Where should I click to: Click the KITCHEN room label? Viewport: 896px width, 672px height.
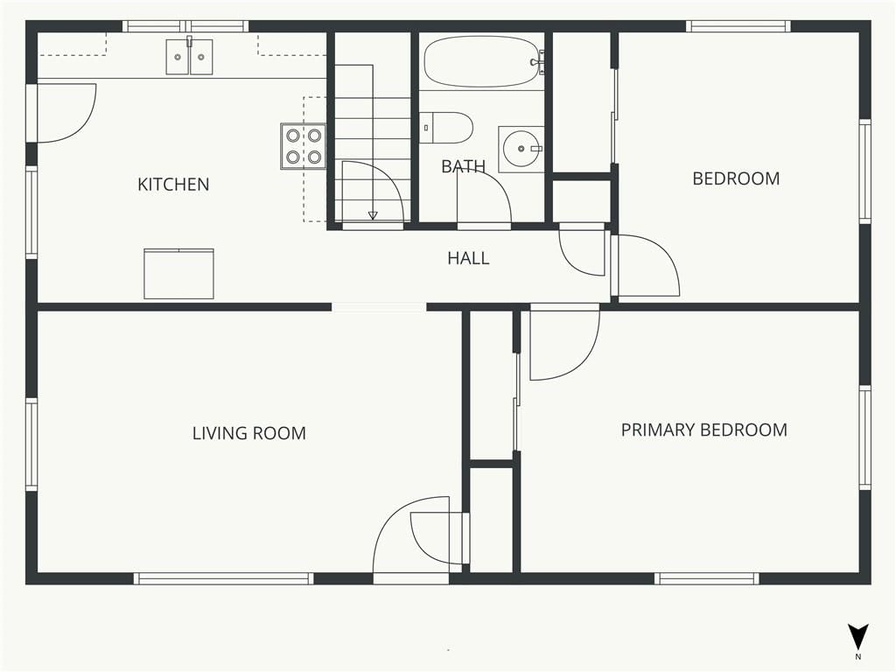pyautogui.click(x=173, y=184)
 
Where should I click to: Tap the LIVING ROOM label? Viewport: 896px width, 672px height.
pyautogui.click(x=249, y=433)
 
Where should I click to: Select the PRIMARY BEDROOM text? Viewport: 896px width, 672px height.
pyautogui.click(x=704, y=430)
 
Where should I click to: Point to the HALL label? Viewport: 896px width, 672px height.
pyautogui.click(x=468, y=258)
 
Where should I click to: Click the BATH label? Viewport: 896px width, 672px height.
pyautogui.click(x=464, y=166)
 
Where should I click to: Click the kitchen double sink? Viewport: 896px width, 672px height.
pyautogui.click(x=189, y=57)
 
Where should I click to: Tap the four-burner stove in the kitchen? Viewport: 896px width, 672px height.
pyautogui.click(x=303, y=146)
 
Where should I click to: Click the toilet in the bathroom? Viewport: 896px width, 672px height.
pyautogui.click(x=446, y=128)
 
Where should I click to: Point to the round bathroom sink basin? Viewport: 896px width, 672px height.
pyautogui.click(x=521, y=149)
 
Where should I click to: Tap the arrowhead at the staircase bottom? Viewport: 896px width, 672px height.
pyautogui.click(x=373, y=215)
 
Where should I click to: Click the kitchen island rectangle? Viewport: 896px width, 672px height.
pyautogui.click(x=178, y=274)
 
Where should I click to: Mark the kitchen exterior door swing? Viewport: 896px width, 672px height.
pyautogui.click(x=86, y=122)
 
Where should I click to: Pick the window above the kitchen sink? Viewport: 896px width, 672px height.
pyautogui.click(x=185, y=26)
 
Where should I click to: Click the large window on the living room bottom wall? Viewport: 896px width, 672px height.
pyautogui.click(x=223, y=579)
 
